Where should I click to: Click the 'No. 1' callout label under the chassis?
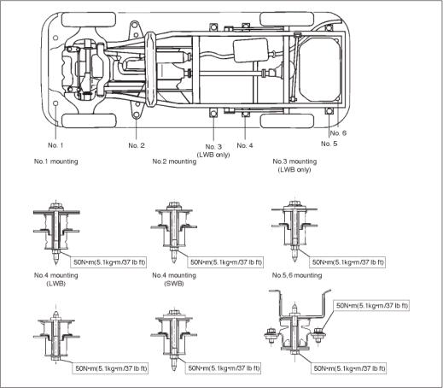click(55, 145)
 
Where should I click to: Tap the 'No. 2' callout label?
click(137, 145)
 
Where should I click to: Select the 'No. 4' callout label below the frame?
click(245, 145)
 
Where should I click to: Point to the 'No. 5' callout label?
click(329, 144)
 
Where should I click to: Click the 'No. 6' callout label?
click(338, 133)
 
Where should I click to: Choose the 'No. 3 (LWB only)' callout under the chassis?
click(213, 150)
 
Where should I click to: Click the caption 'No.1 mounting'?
click(55, 162)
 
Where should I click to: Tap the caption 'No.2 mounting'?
click(174, 162)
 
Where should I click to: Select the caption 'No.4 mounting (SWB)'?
click(174, 279)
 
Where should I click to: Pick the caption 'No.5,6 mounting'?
click(297, 275)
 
